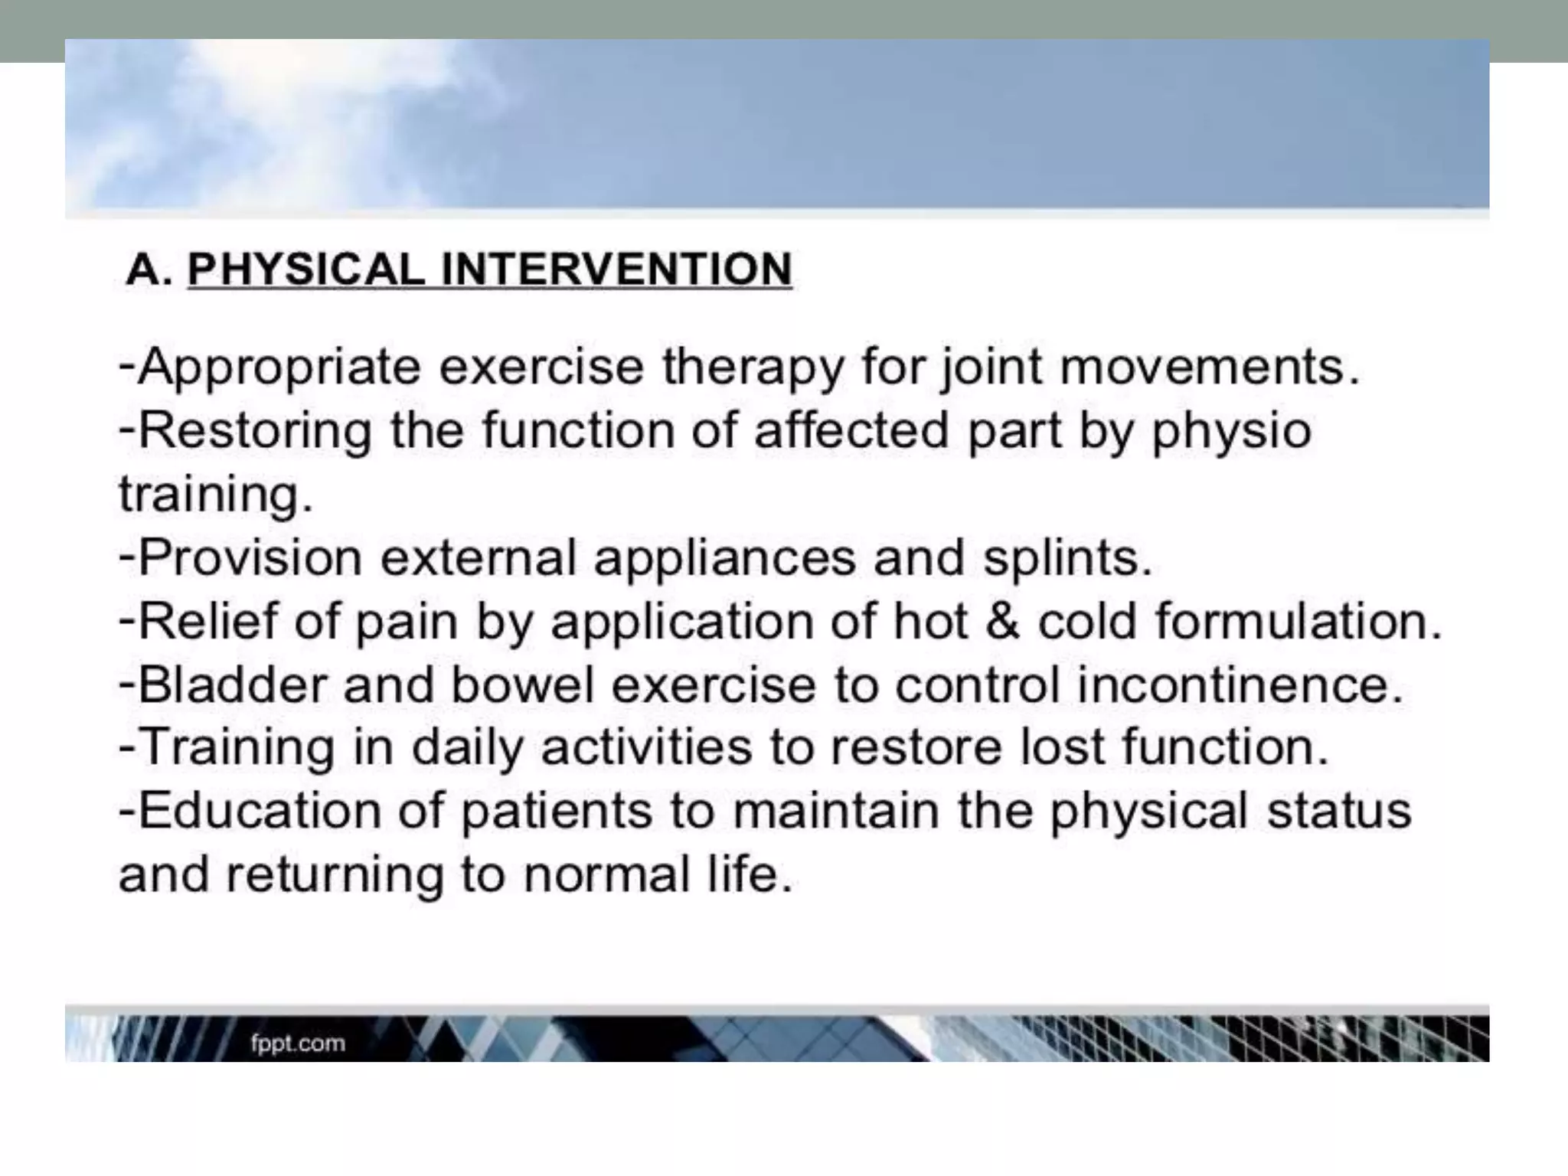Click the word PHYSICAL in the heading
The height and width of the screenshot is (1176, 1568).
point(306,269)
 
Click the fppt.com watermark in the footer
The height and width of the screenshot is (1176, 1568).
point(298,1043)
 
